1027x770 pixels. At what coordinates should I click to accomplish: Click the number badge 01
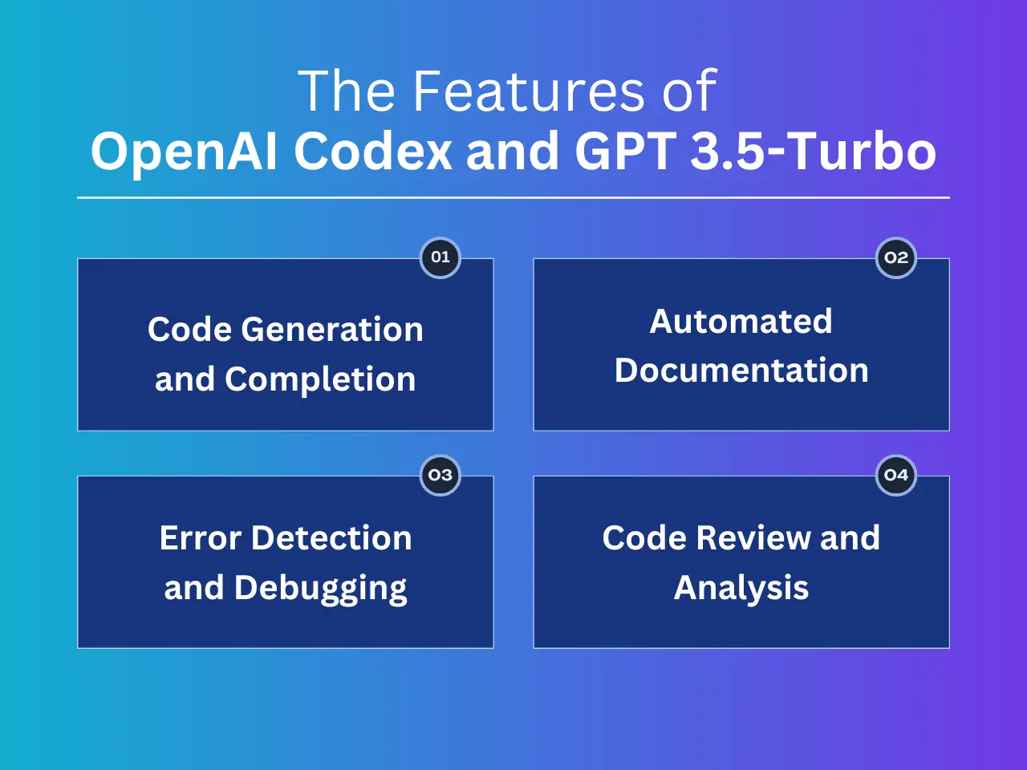pyautogui.click(x=440, y=257)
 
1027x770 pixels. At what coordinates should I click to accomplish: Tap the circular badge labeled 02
pyautogui.click(x=896, y=257)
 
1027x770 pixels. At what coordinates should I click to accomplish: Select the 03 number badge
pyautogui.click(x=440, y=475)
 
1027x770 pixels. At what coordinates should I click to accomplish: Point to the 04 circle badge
pyautogui.click(x=896, y=475)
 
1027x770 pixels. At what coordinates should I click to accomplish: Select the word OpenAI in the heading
pyautogui.click(x=184, y=152)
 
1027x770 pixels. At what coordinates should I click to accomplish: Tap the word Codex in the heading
pyautogui.click(x=373, y=151)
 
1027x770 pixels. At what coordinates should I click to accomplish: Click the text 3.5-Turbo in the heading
pyautogui.click(x=814, y=151)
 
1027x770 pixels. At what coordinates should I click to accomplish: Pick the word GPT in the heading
pyautogui.click(x=625, y=151)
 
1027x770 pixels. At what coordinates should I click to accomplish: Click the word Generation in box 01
pyautogui.click(x=332, y=330)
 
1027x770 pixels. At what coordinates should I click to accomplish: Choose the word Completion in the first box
pyautogui.click(x=320, y=379)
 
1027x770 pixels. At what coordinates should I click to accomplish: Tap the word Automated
pyautogui.click(x=741, y=322)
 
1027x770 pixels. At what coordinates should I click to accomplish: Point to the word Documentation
pyautogui.click(x=741, y=371)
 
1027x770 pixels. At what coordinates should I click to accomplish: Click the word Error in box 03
pyautogui.click(x=201, y=538)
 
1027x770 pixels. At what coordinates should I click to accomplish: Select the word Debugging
pyautogui.click(x=320, y=589)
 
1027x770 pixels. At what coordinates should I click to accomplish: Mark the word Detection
pyautogui.click(x=331, y=538)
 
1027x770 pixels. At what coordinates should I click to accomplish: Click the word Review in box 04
pyautogui.click(x=753, y=538)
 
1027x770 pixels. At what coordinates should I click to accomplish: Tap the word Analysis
pyautogui.click(x=741, y=589)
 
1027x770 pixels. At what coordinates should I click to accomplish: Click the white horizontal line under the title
pyautogui.click(x=513, y=198)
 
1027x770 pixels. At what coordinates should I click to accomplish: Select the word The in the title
pyautogui.click(x=347, y=91)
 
